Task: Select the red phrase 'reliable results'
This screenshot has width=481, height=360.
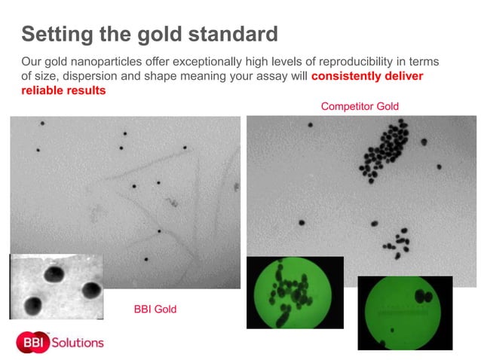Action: [x=63, y=90]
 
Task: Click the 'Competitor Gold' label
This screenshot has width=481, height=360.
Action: [x=360, y=106]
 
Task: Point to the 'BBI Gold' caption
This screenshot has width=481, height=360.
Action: [x=155, y=309]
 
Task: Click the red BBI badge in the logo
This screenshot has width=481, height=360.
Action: [x=32, y=342]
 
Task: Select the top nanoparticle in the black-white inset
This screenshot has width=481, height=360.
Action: [x=54, y=273]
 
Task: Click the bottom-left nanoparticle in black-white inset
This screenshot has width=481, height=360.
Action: [x=32, y=304]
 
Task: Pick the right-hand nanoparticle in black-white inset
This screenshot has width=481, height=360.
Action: [x=91, y=289]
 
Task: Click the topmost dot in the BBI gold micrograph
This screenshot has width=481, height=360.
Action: [x=43, y=123]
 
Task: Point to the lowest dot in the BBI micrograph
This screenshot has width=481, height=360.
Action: [x=146, y=259]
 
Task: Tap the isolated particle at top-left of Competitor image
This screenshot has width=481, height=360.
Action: [x=310, y=125]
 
